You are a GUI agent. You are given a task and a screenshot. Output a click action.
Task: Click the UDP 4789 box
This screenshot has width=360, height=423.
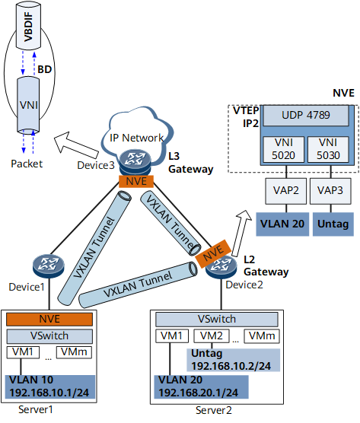pos(306,116)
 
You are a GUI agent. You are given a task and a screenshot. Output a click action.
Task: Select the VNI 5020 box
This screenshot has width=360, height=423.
pos(283,149)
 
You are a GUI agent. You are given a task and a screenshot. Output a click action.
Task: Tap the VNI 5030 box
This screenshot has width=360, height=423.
pos(328,149)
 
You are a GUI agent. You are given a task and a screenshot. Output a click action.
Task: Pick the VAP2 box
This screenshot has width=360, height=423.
pos(285,191)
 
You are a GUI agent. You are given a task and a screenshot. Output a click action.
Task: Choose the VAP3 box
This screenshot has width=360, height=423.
pos(330,191)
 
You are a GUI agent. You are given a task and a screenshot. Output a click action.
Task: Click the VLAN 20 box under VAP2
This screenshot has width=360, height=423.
pos(282,224)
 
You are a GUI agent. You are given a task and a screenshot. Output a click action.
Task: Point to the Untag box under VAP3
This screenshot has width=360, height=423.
pos(333,224)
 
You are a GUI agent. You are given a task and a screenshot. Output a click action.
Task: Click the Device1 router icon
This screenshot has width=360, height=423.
pos(48,266)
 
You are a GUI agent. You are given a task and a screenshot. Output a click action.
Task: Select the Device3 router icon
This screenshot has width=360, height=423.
pos(135,162)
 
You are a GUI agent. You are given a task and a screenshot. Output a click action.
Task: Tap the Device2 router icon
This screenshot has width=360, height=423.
pos(221,266)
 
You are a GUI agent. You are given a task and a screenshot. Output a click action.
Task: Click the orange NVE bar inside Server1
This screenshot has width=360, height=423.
pos(49,319)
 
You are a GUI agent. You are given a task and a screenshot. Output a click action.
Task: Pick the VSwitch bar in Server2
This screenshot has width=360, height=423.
pos(217,319)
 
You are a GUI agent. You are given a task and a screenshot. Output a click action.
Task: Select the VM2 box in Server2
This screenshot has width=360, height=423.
pos(212,336)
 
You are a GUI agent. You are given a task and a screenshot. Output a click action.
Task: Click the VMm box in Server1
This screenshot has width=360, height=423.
pos(74,352)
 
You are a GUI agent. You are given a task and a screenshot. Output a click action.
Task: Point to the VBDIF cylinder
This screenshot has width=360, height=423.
pos(28,26)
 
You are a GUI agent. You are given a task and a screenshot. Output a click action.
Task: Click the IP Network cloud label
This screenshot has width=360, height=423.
pos(136,138)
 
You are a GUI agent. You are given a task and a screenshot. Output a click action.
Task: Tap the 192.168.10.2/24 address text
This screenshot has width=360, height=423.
pos(231,366)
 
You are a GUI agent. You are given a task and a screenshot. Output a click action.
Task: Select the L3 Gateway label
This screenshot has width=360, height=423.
pos(191,163)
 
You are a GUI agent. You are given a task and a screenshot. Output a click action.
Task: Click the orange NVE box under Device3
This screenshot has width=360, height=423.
pos(136,181)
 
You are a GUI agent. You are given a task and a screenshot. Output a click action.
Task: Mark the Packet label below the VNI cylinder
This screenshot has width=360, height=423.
pos(27,164)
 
